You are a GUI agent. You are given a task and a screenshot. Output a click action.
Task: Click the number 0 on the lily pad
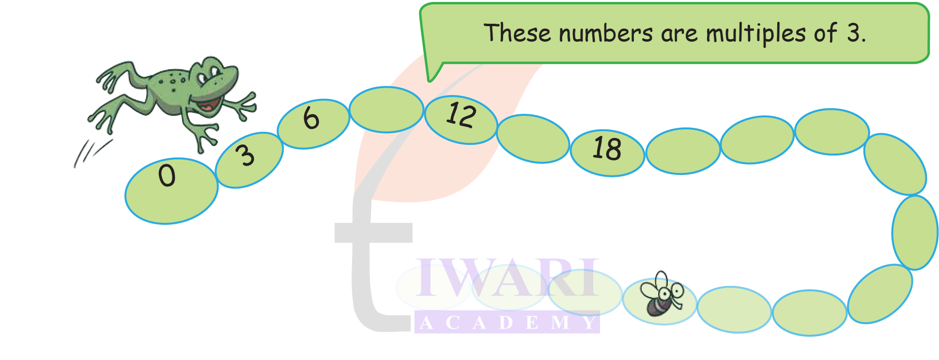click(x=167, y=175)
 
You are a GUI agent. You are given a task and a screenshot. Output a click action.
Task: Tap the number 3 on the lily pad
click(x=246, y=156)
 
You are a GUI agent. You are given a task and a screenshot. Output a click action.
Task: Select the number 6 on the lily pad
click(x=311, y=118)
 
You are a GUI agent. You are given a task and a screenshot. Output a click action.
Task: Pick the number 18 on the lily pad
click(x=607, y=149)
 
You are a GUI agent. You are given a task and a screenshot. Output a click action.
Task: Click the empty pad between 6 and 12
click(x=386, y=109)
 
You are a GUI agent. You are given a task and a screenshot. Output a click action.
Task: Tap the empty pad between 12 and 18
click(x=533, y=139)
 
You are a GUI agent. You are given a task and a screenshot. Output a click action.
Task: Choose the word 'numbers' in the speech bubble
click(x=605, y=34)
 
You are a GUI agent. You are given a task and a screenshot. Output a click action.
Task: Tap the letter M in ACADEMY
click(x=560, y=323)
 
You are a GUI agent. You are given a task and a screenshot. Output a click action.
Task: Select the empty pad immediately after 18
click(x=683, y=151)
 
